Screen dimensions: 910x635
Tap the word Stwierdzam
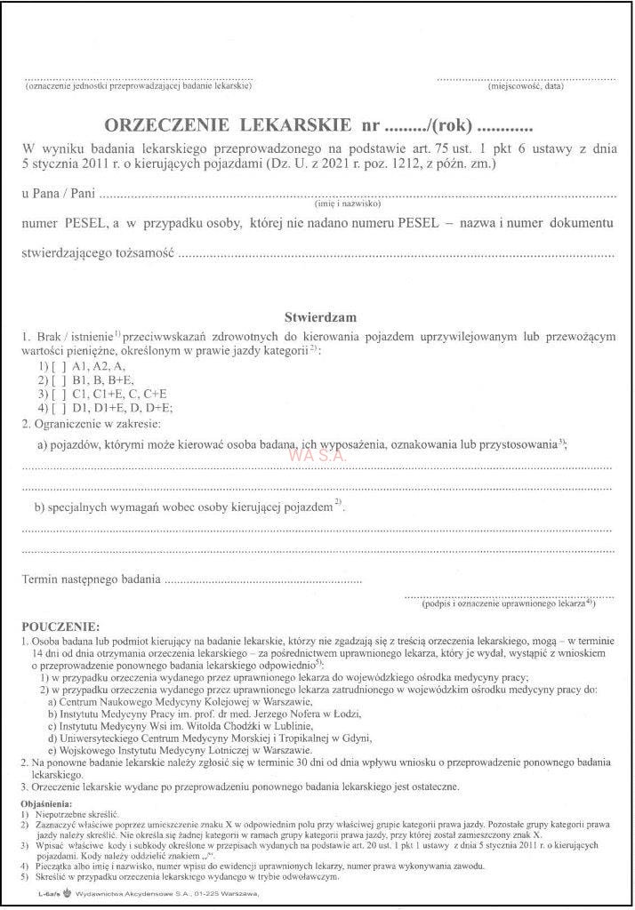[x=320, y=316]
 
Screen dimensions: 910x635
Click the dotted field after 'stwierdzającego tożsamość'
[x=396, y=255]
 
